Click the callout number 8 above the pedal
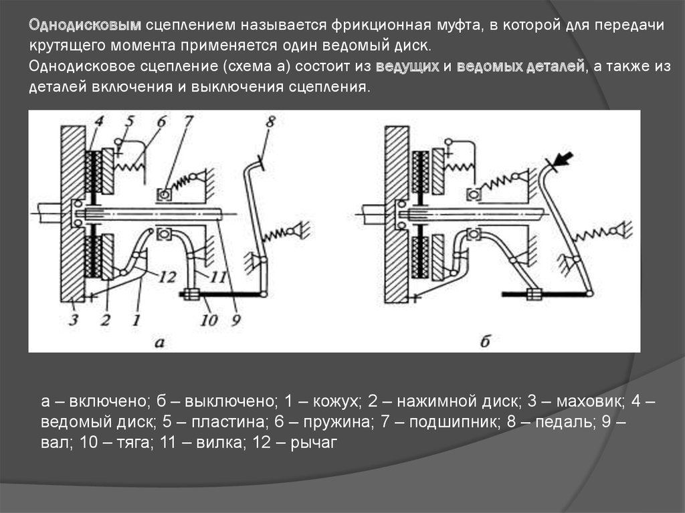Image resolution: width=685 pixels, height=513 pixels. click(270, 123)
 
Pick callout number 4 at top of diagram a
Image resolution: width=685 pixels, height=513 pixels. click(98, 122)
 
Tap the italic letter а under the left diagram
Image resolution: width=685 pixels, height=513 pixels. click(160, 343)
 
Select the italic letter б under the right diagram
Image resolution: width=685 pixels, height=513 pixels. click(485, 342)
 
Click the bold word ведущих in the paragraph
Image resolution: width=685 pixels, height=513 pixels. click(407, 68)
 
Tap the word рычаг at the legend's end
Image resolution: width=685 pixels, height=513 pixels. click(318, 442)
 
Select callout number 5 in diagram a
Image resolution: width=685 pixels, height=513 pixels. click(130, 122)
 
